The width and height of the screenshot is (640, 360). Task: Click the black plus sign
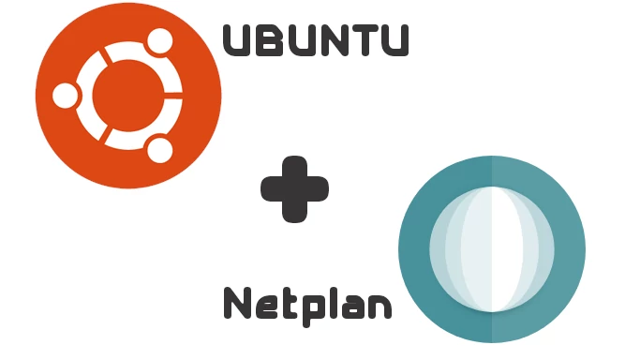tap(294, 189)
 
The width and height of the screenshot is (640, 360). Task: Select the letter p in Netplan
tap(309, 309)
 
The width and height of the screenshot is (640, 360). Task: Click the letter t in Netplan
tap(288, 304)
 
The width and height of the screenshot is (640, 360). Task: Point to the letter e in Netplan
tap(265, 307)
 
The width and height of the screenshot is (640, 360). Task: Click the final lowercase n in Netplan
tap(380, 307)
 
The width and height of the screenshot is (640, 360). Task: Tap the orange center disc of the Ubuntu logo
tap(127, 96)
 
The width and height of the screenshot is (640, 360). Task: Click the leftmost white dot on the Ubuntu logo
tap(65, 96)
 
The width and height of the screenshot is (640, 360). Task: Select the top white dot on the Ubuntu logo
tap(159, 41)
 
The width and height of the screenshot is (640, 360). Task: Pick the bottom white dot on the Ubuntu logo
tap(159, 150)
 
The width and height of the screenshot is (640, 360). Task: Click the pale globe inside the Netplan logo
tap(492, 249)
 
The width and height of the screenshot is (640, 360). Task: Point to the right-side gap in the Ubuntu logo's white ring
tap(173, 96)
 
